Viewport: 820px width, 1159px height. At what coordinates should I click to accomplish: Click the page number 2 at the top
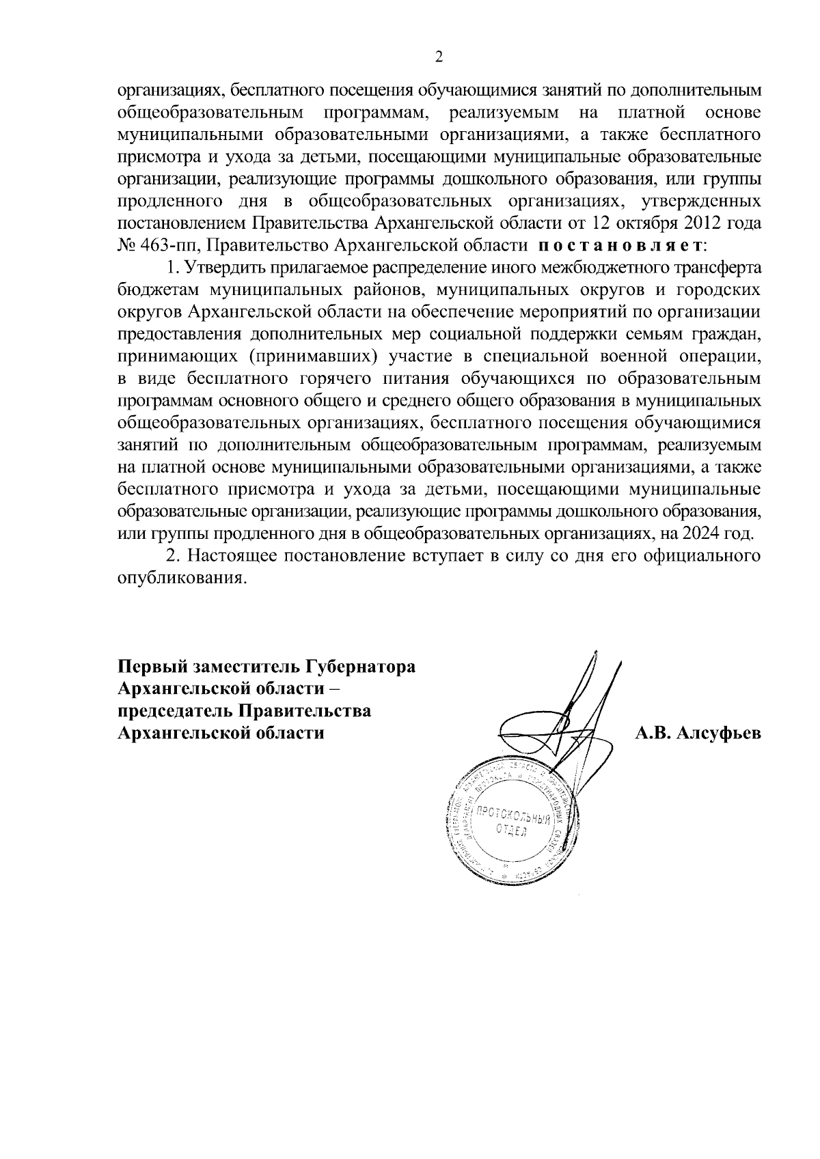point(439,57)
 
